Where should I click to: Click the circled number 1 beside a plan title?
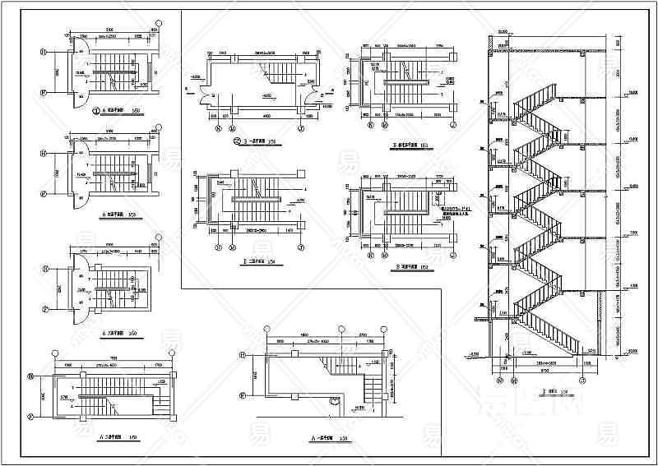pyautogui.click(x=95, y=110)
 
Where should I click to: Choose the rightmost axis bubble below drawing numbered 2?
pyautogui.click(x=300, y=128)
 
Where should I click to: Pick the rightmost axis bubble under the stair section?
pyautogui.click(x=582, y=380)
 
